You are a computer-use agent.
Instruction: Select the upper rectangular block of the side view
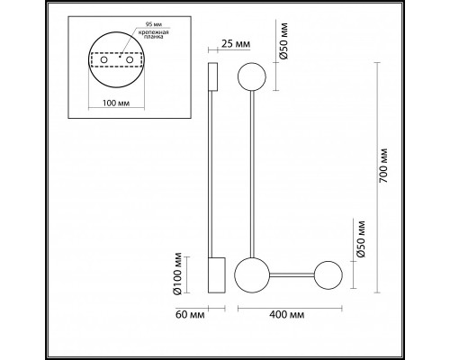click(212, 77)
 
